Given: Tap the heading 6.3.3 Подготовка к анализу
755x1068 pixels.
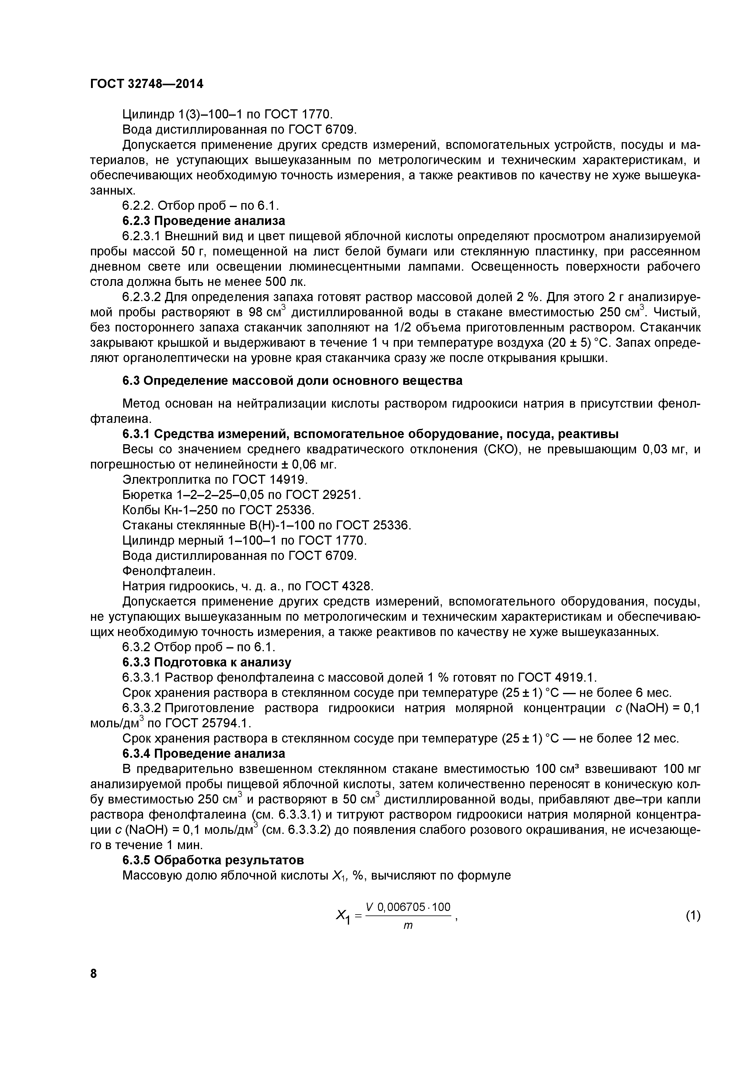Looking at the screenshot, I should (206, 662).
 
